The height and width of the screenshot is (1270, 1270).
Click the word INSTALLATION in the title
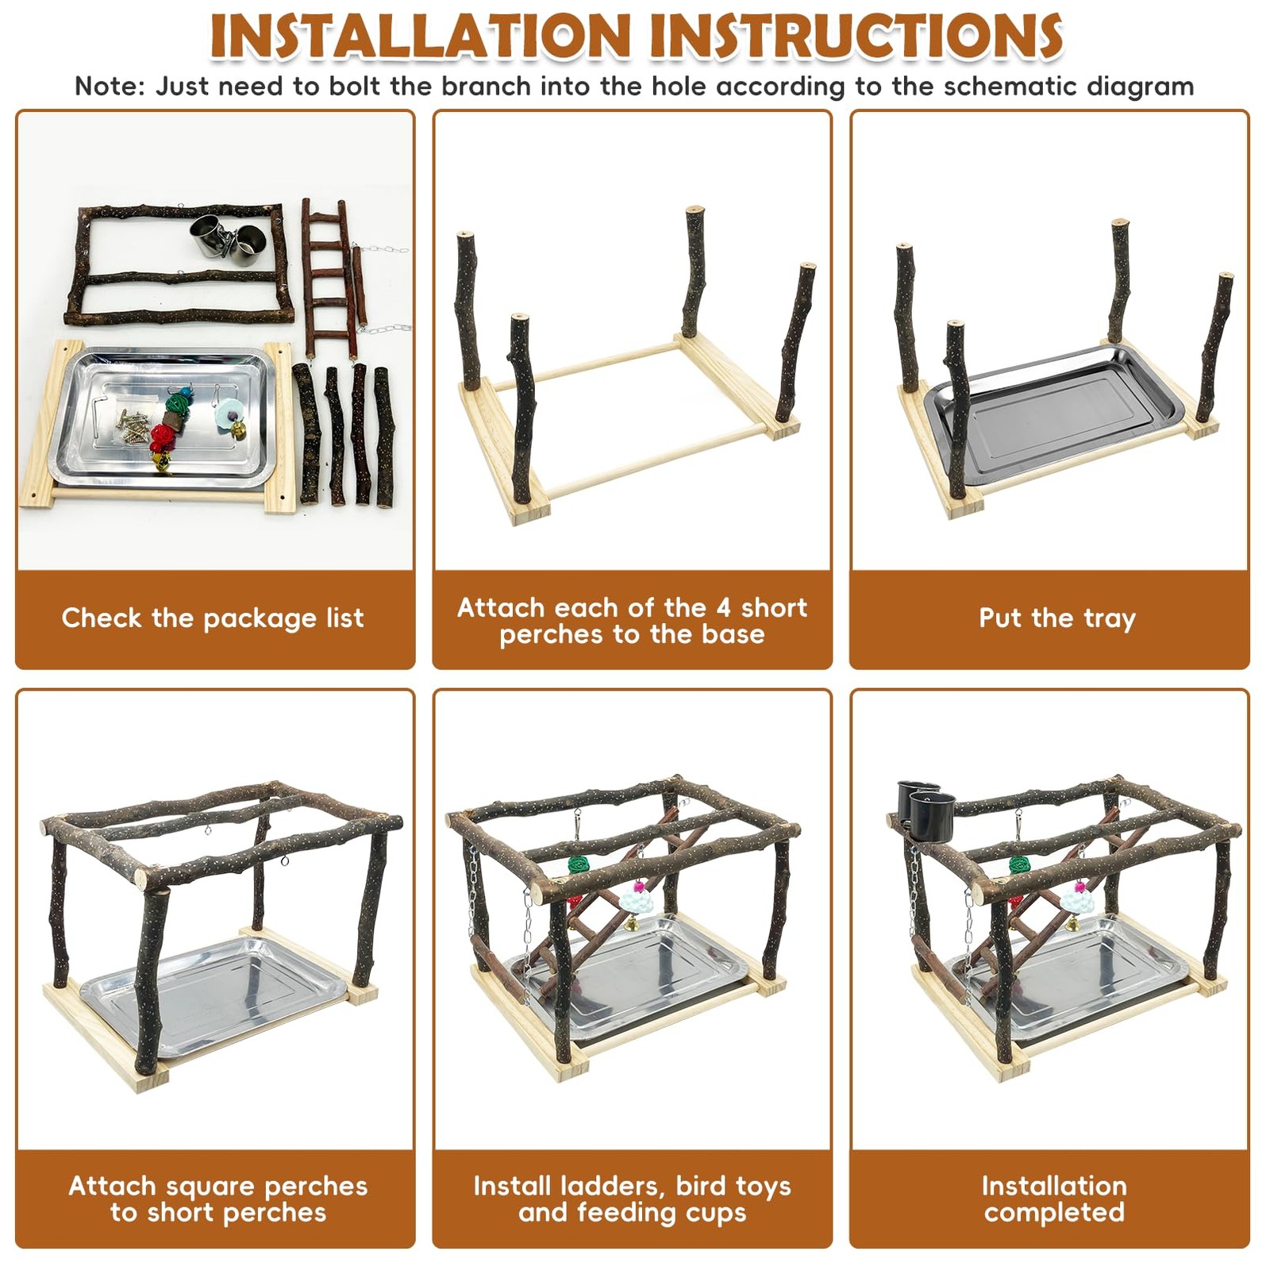[x=421, y=36]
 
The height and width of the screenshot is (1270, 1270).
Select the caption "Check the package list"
[x=213, y=618]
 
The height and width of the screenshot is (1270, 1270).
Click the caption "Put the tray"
[x=1057, y=618]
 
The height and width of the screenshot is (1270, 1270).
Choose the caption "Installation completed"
[x=1054, y=1199]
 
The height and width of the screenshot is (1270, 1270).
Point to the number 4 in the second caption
[x=723, y=607]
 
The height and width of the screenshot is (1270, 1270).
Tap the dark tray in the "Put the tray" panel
[x=1054, y=414]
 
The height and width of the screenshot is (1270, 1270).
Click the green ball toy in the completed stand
[x=1020, y=866]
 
